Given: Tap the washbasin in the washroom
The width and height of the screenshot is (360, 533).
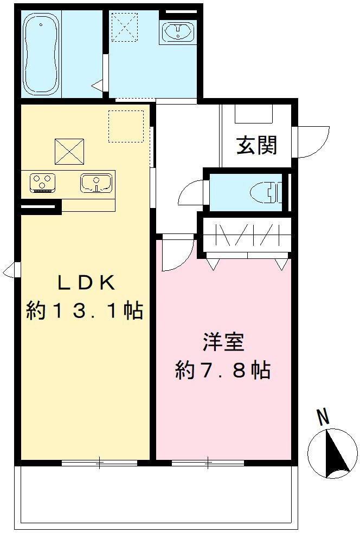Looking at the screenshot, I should pyautogui.click(x=176, y=31).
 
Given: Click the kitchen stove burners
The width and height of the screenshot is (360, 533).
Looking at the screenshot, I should pyautogui.click(x=42, y=183).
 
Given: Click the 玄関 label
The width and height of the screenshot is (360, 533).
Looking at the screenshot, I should pyautogui.click(x=256, y=145).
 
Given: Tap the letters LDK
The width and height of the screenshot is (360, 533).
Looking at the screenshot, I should pyautogui.click(x=86, y=283).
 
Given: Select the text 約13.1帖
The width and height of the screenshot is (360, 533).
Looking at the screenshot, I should pyautogui.click(x=85, y=311).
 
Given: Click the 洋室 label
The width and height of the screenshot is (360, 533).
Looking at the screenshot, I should pyautogui.click(x=223, y=342).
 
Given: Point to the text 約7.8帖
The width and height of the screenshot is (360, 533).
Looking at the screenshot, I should pyautogui.click(x=223, y=371).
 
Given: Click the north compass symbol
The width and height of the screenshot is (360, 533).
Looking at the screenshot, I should pyautogui.click(x=332, y=453).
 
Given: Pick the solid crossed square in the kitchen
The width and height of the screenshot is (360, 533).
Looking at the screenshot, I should pyautogui.click(x=69, y=151).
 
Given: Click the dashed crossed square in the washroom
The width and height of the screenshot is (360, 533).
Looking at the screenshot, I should pyautogui.click(x=123, y=26).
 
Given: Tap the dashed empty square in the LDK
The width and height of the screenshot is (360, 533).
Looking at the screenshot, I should pyautogui.click(x=126, y=126).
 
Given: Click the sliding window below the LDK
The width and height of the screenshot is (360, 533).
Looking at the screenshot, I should pyautogui.click(x=99, y=463).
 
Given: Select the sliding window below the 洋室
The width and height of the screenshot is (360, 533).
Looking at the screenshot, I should pyautogui.click(x=208, y=463).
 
